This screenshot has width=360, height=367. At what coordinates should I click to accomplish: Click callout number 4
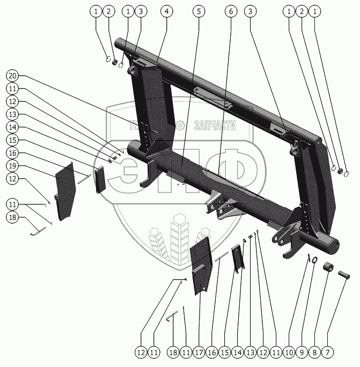coord(166,11)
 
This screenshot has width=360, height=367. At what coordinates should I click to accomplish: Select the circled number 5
coord(200,11)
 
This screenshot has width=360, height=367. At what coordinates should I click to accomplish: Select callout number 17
coord(199,353)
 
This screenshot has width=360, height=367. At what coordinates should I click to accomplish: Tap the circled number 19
coord(13,166)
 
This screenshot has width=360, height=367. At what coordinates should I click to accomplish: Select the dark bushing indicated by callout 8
coord(328,268)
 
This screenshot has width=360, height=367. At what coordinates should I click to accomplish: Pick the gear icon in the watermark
coord(180,126)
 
